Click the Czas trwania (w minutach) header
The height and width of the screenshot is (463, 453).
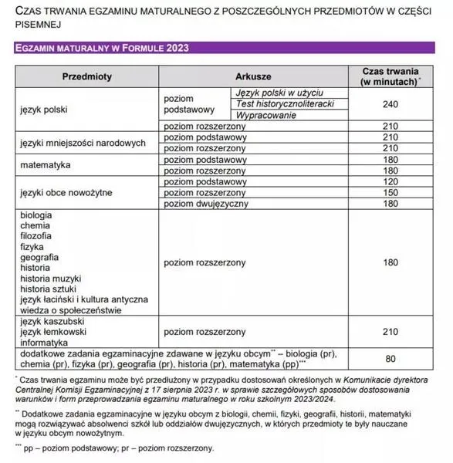[x=390, y=77]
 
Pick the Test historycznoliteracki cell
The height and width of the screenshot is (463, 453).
[x=284, y=103]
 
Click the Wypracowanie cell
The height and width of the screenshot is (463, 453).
[x=266, y=115]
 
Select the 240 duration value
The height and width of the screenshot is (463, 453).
[x=390, y=104]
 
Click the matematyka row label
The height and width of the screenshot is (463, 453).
[x=46, y=164]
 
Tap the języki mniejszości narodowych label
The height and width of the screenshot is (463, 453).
[x=83, y=143]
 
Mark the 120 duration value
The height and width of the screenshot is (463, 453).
[x=390, y=181]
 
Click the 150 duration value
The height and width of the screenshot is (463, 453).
[x=390, y=192]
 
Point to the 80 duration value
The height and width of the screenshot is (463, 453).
[x=390, y=359]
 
